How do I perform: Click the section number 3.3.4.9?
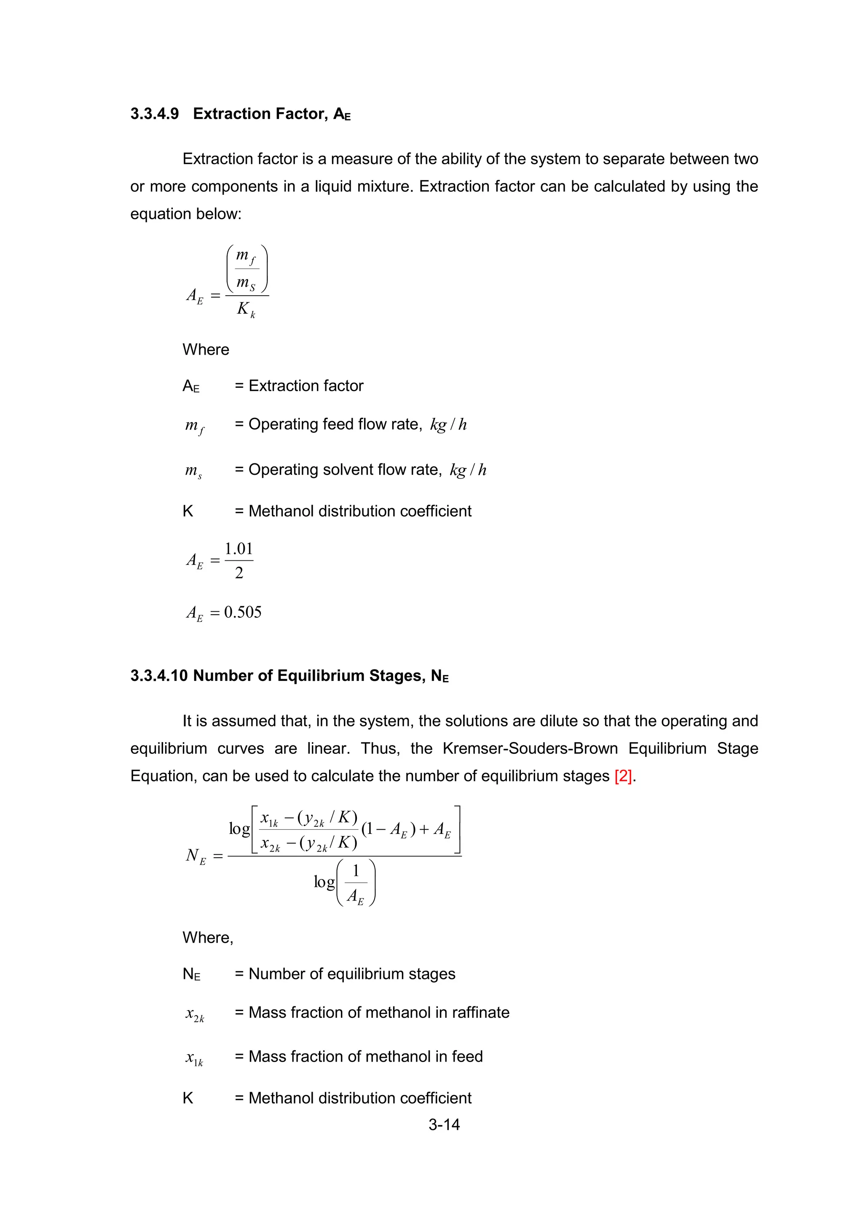click(x=155, y=114)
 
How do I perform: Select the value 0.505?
click(x=243, y=612)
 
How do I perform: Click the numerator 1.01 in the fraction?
click(x=239, y=549)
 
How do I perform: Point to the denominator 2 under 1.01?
click(x=239, y=573)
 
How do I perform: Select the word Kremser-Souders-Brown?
click(x=530, y=748)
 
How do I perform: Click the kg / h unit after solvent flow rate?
click(x=468, y=470)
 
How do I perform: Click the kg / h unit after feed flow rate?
click(x=448, y=425)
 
